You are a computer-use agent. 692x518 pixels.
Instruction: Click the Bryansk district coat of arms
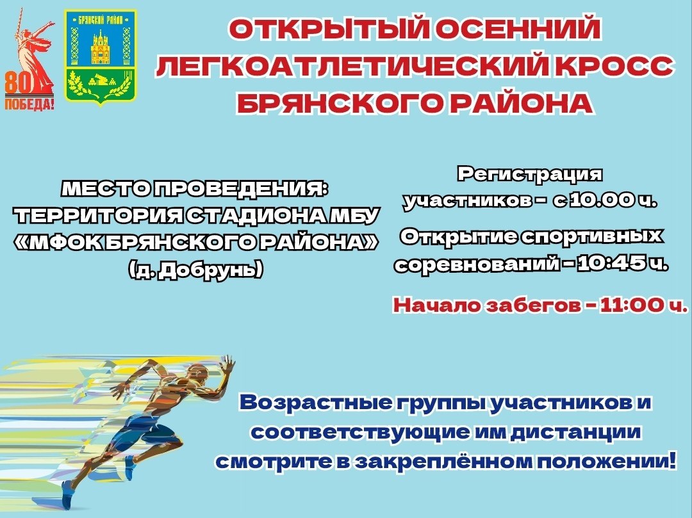(x=100, y=58)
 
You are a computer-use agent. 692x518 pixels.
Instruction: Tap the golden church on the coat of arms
(x=100, y=48)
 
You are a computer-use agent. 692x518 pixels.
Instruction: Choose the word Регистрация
(x=530, y=174)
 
